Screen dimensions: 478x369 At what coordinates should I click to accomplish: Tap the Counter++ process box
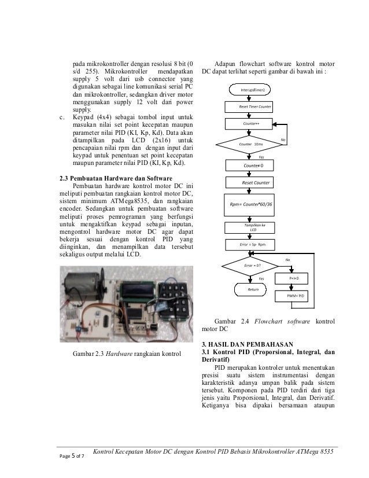click(250, 124)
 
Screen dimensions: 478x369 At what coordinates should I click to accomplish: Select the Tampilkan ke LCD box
click(250, 227)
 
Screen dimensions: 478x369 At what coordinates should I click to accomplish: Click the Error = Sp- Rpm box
click(250, 245)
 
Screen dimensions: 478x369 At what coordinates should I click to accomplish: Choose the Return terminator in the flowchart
click(253, 288)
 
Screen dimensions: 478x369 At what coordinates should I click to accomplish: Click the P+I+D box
click(297, 278)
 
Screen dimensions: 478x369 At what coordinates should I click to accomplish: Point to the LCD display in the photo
click(138, 285)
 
